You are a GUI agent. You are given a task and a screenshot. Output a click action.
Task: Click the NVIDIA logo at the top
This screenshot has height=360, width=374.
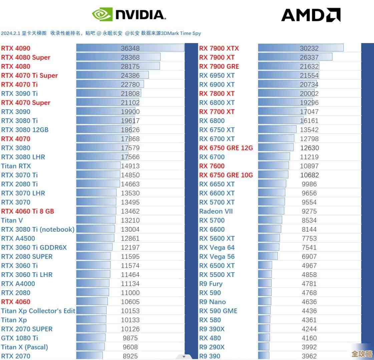pyautogui.click(x=129, y=15)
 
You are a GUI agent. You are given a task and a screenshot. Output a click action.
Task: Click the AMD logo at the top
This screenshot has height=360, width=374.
pyautogui.click(x=311, y=15)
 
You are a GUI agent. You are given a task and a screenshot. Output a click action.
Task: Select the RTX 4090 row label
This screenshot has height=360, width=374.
pyautogui.click(x=16, y=48)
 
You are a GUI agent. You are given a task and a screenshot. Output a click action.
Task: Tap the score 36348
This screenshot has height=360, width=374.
pyautogui.click(x=130, y=48)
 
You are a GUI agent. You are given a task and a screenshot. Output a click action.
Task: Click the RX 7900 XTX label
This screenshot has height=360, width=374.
pyautogui.click(x=219, y=48)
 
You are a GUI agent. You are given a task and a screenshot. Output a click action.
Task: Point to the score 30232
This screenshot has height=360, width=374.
pyautogui.click(x=309, y=48)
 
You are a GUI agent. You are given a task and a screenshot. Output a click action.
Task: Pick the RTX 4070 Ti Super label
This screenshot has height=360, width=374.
pyautogui.click(x=29, y=76)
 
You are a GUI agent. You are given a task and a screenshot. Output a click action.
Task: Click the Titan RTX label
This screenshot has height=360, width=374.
pyautogui.click(x=16, y=166)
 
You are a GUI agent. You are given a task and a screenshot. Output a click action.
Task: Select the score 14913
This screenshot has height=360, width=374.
pyautogui.click(x=130, y=166)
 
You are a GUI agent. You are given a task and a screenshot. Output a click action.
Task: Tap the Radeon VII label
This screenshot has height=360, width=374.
pyautogui.click(x=216, y=211)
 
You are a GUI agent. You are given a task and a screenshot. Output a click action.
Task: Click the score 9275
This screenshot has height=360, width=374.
pyautogui.click(x=309, y=211)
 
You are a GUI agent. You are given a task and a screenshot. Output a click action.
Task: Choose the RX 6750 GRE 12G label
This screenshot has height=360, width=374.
pyautogui.click(x=226, y=148)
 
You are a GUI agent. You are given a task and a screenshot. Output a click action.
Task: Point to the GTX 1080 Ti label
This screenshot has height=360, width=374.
pyautogui.click(x=20, y=338)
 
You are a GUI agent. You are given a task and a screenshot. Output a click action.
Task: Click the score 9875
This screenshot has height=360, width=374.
pyautogui.click(x=130, y=338)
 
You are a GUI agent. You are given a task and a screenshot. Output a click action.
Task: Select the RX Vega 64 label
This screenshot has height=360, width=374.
pyautogui.click(x=217, y=248)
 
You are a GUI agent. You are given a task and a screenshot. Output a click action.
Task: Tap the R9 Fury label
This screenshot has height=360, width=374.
pyautogui.click(x=211, y=284)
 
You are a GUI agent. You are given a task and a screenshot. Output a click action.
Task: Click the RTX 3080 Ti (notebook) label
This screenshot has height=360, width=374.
pyautogui.click(x=38, y=229)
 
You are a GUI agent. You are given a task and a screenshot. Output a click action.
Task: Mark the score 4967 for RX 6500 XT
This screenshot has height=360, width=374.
pyautogui.click(x=309, y=266)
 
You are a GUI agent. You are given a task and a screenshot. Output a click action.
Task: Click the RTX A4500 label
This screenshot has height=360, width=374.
pyautogui.click(x=18, y=238)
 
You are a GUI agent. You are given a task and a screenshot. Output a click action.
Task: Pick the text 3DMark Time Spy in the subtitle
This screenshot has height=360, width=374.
pyautogui.click(x=181, y=33)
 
